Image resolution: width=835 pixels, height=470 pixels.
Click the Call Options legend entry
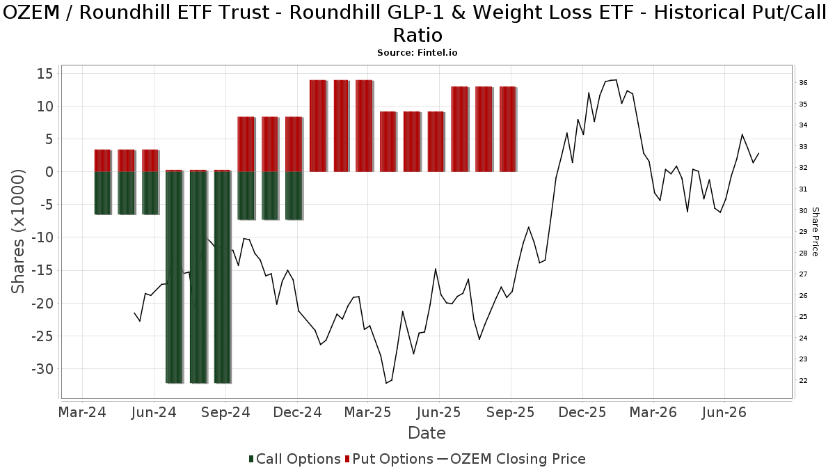pyautogui.click(x=294, y=459)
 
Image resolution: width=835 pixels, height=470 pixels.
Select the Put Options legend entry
pyautogui.click(x=389, y=459)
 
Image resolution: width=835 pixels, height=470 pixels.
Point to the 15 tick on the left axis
pyautogui.click(x=45, y=74)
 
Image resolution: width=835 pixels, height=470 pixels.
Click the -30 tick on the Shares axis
pyautogui.click(x=43, y=369)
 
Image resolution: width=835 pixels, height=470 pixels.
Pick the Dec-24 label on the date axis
pyautogui.click(x=298, y=412)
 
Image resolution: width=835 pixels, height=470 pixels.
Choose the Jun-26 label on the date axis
pyautogui.click(x=724, y=412)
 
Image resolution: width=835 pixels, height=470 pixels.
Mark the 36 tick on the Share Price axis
pyautogui.click(x=803, y=83)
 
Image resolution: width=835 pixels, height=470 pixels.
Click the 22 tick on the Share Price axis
pyautogui.click(x=803, y=381)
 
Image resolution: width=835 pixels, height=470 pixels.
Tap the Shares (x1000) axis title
pyautogui.click(x=18, y=231)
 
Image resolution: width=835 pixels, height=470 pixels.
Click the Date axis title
pyautogui.click(x=427, y=433)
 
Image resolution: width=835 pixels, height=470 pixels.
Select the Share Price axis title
pyautogui.click(x=815, y=232)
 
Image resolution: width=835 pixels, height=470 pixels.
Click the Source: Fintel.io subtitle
pyautogui.click(x=417, y=53)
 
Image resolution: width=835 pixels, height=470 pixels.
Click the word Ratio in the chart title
pyautogui.click(x=418, y=36)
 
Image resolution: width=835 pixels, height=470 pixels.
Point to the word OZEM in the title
pyautogui.click(x=31, y=13)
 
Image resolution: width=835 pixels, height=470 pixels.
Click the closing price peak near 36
pyautogui.click(x=615, y=80)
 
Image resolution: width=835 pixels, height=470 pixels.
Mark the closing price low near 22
pyautogui.click(x=386, y=383)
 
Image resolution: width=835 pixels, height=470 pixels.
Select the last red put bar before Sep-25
pyautogui.click(x=507, y=129)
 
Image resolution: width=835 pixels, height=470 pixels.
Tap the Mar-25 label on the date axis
pyautogui.click(x=367, y=412)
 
